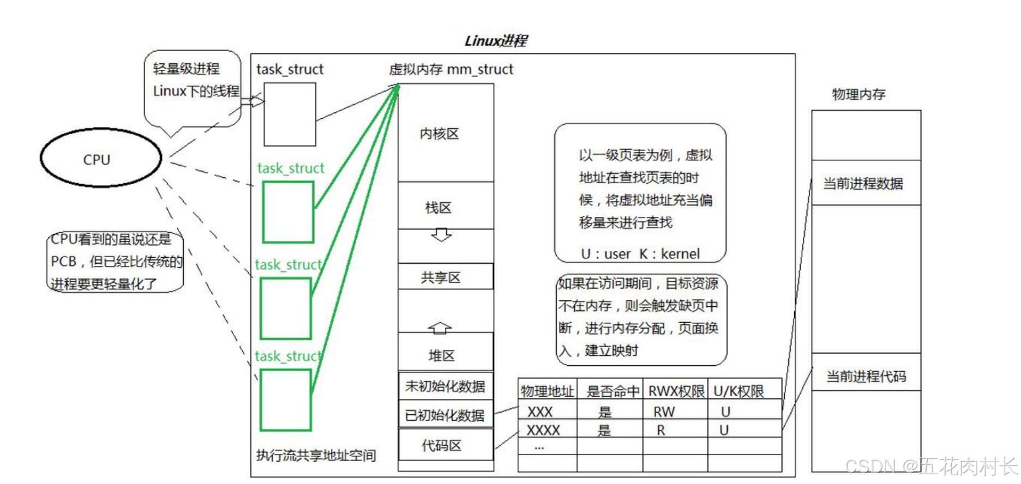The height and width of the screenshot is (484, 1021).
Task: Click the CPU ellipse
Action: pyautogui.click(x=101, y=158)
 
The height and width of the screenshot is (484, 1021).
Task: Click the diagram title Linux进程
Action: pyautogui.click(x=495, y=41)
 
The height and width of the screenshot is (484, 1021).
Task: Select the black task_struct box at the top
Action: pyautogui.click(x=290, y=114)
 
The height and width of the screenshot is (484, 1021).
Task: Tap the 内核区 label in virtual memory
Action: pyautogui.click(x=439, y=134)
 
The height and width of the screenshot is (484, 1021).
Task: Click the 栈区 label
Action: pyautogui.click(x=439, y=208)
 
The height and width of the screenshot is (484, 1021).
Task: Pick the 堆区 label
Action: pyautogui.click(x=441, y=356)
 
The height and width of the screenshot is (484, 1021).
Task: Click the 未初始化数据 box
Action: pyautogui.click(x=446, y=386)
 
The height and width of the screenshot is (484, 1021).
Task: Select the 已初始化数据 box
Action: pyautogui.click(x=446, y=415)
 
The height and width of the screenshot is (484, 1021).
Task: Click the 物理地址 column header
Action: pyautogui.click(x=547, y=391)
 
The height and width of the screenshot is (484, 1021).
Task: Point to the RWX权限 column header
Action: pyautogui.click(x=676, y=391)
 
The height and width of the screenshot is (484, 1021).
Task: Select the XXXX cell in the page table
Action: pyautogui.click(x=543, y=430)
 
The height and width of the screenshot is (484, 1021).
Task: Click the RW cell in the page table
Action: pyautogui.click(x=664, y=412)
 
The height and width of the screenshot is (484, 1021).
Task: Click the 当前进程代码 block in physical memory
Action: pyautogui.click(x=866, y=376)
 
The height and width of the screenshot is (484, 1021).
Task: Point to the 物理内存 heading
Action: pyautogui.click(x=858, y=94)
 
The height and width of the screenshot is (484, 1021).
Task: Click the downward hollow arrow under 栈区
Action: pyautogui.click(x=441, y=235)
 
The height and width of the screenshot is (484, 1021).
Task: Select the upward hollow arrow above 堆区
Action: pyautogui.click(x=440, y=327)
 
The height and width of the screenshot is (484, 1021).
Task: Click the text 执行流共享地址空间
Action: pyautogui.click(x=316, y=455)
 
